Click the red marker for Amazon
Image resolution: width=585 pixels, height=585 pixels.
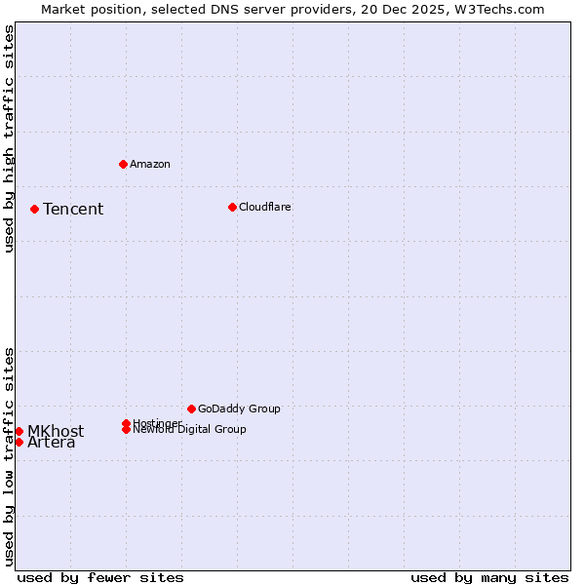(x=123, y=164)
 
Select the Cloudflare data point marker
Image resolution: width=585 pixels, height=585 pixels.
(x=232, y=207)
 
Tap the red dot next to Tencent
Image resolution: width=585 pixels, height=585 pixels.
(x=34, y=209)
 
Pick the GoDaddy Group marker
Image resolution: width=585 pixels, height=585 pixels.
(x=191, y=409)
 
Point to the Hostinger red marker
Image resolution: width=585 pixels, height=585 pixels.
(x=126, y=423)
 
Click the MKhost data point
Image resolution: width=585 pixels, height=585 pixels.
(x=19, y=431)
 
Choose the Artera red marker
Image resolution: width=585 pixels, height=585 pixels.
(x=19, y=442)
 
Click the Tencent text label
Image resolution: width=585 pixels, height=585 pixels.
(x=73, y=210)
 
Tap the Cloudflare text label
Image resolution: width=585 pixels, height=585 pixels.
(x=264, y=207)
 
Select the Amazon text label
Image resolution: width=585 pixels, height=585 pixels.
(x=149, y=164)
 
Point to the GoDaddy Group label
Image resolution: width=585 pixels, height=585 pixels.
(x=239, y=409)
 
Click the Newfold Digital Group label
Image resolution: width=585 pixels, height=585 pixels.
(x=190, y=430)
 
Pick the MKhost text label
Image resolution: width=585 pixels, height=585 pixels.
(x=56, y=432)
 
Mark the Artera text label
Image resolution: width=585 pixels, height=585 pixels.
(x=52, y=444)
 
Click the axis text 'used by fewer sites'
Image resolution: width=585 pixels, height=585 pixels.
(x=100, y=577)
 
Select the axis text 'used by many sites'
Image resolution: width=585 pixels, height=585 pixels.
(x=489, y=577)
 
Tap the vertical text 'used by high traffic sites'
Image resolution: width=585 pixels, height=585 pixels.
(x=9, y=138)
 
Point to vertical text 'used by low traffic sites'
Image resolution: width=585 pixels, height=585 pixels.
(x=9, y=456)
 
